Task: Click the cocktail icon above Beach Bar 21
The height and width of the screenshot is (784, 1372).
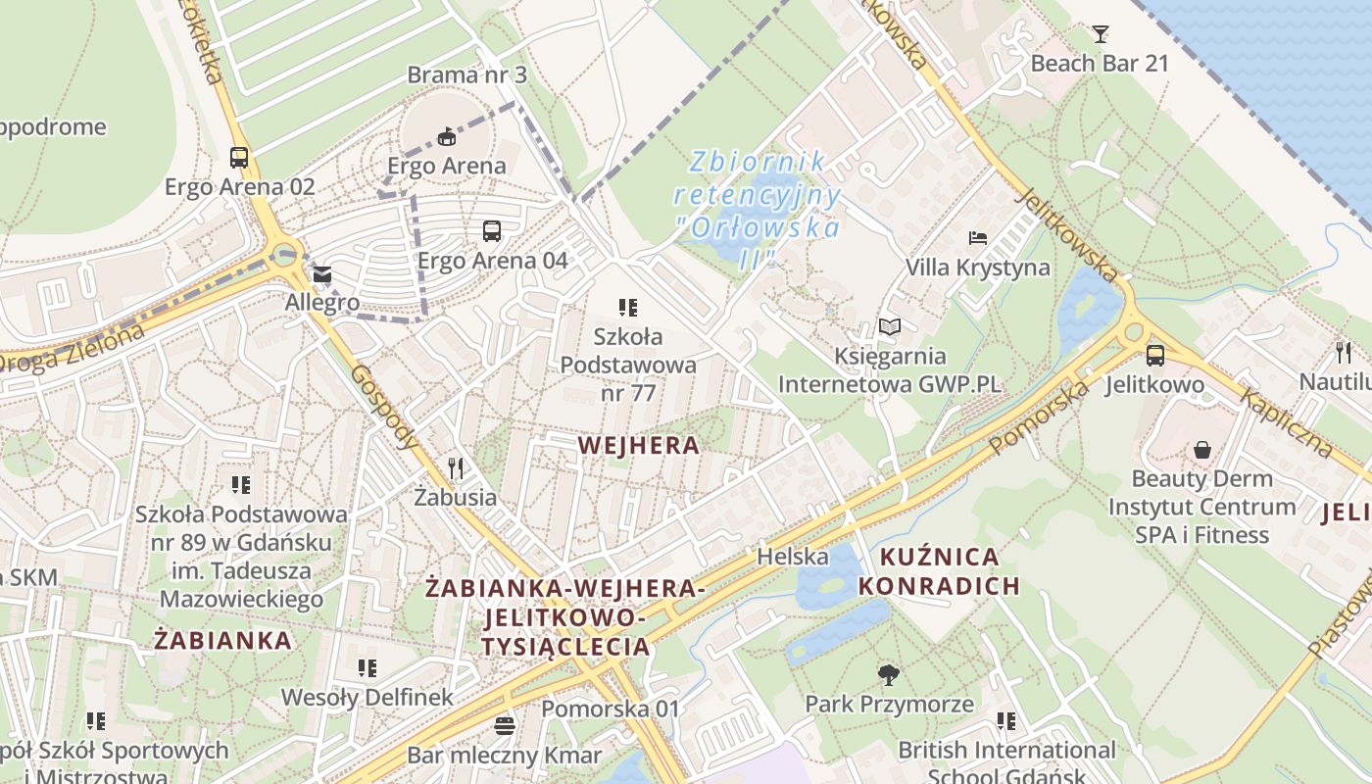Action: click(1101, 34)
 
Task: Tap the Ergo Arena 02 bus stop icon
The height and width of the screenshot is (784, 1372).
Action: click(239, 157)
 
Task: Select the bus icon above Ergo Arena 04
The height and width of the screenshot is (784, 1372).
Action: click(492, 231)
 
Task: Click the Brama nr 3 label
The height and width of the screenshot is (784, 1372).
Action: click(466, 74)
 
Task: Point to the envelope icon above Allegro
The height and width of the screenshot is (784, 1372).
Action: click(322, 275)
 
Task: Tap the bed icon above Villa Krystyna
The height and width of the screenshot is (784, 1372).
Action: click(977, 238)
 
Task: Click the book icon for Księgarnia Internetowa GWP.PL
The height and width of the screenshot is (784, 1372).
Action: click(890, 326)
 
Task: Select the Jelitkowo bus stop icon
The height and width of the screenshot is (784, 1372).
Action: click(1155, 356)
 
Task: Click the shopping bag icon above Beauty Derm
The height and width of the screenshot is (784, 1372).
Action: click(1202, 450)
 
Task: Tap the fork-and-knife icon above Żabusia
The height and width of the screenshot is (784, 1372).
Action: click(455, 467)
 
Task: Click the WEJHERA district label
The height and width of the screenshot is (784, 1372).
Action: click(639, 446)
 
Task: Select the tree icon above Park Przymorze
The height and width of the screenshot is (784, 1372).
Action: click(889, 674)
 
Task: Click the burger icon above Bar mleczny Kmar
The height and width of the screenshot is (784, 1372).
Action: click(505, 726)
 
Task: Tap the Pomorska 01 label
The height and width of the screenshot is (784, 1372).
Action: click(610, 708)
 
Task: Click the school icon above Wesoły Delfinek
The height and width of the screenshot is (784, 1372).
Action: click(367, 668)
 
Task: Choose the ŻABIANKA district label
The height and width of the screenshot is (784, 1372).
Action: click(223, 641)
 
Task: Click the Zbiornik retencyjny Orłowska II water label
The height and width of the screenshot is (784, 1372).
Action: click(757, 210)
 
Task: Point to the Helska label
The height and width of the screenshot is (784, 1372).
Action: click(793, 557)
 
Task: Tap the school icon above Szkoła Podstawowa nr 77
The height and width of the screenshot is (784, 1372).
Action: click(628, 308)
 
